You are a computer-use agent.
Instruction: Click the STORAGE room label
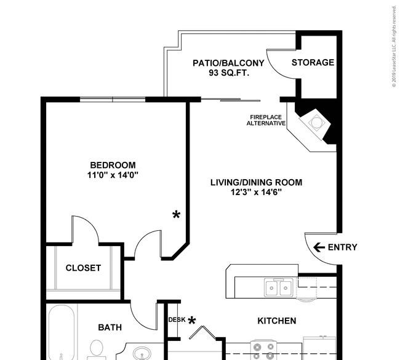[x=313, y=63]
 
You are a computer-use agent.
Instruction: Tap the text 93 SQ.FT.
[x=229, y=73]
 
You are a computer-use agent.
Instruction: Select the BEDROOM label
[x=113, y=165]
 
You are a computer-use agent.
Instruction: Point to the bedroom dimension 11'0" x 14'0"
[x=113, y=175]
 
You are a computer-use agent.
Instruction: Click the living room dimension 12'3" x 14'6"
[x=256, y=192]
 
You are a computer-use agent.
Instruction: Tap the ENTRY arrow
[x=319, y=247]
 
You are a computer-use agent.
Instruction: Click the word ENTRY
[x=342, y=247]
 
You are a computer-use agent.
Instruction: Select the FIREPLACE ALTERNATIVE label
[x=266, y=120]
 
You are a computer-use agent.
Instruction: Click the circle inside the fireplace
[x=316, y=122]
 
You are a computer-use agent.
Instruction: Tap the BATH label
[x=110, y=327]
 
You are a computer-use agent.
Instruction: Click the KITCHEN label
[x=277, y=321]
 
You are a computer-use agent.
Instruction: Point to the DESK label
[x=177, y=319]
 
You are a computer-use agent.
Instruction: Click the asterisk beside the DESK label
[x=192, y=321]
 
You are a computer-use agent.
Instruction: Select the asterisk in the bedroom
[x=176, y=215]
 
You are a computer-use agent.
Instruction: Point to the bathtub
[x=61, y=332]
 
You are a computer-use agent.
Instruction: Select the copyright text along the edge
[x=394, y=47]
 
